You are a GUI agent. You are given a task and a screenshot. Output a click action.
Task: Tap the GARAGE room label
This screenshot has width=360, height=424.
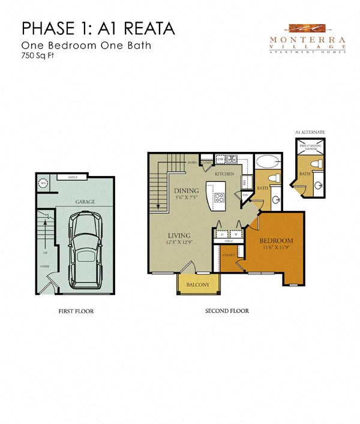tap(85, 202)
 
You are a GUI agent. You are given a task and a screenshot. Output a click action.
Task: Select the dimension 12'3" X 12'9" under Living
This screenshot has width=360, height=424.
tap(179, 242)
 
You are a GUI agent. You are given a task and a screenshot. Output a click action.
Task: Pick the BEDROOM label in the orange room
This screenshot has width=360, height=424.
tap(276, 241)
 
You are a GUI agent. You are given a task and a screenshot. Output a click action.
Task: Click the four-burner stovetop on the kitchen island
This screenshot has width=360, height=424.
tap(218, 197)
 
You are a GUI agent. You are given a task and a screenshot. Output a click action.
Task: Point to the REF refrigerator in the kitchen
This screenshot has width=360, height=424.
tap(244, 181)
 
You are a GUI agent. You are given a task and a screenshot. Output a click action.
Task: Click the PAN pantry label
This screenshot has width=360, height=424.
tap(245, 195)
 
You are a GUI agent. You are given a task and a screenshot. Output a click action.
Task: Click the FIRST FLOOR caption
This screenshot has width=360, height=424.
tap(77, 311)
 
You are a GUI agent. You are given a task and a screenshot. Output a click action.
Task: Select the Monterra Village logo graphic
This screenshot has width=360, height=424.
tap(307, 29)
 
